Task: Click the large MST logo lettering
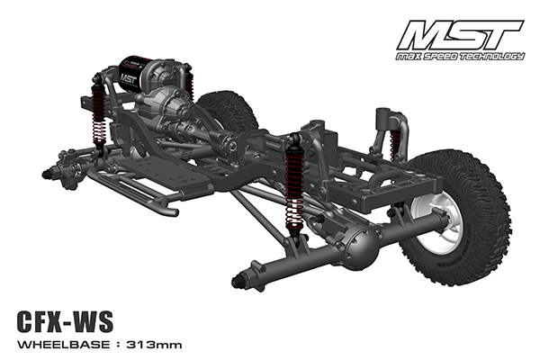click(x=461, y=35)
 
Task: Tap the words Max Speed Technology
click(x=460, y=56)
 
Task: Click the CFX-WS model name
click(x=65, y=321)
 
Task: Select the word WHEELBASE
click(x=64, y=345)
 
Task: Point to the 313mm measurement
click(x=154, y=345)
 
